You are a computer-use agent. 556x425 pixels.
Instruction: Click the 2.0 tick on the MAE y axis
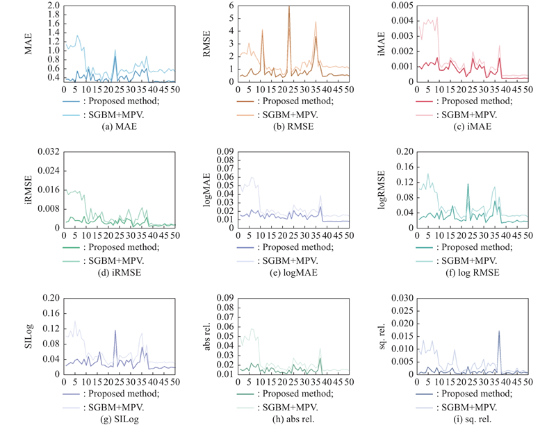(51, 5)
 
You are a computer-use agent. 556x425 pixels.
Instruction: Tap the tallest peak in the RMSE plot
(288, 7)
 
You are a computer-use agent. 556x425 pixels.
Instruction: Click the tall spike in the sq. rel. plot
(498, 332)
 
